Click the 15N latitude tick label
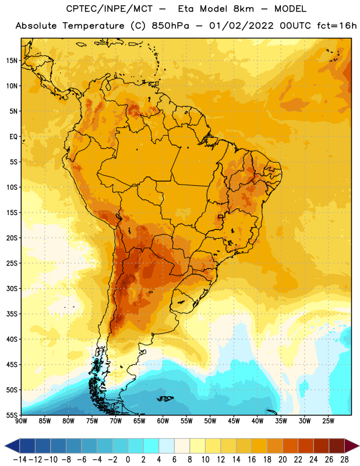click(12, 61)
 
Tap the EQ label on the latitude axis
click(13, 137)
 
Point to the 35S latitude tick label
click(12, 314)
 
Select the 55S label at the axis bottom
click(12, 415)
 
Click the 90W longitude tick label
click(21, 421)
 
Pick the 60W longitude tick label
click(163, 421)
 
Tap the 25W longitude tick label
click(329, 421)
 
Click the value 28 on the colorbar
click(344, 460)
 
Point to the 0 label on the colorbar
click(128, 460)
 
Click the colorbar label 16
click(252, 460)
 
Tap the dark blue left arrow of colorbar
click(12, 446)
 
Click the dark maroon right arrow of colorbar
click(352, 446)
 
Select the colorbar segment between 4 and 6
click(167, 446)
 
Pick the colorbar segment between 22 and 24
click(306, 446)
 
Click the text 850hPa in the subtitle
click(170, 26)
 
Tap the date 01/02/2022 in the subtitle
click(241, 26)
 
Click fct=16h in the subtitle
click(337, 26)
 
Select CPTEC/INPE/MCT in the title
click(110, 9)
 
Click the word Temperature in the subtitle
click(94, 26)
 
